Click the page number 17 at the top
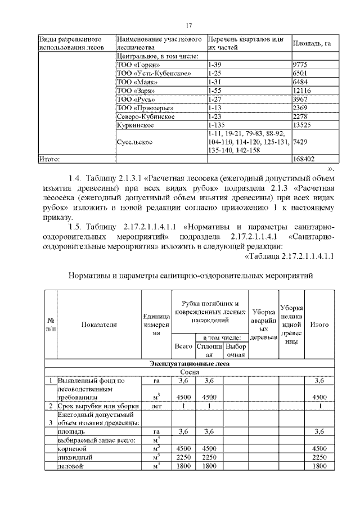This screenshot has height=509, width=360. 190,25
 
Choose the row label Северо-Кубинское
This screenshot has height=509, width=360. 145,116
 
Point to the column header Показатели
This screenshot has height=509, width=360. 99,325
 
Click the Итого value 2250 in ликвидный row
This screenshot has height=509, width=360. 319,457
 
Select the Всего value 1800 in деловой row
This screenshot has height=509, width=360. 183,466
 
